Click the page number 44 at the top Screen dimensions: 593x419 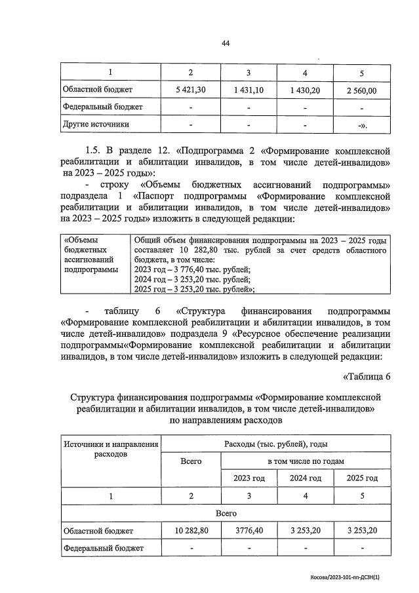tap(226, 43)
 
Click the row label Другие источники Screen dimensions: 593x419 tap(95, 123)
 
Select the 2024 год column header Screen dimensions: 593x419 tap(306, 478)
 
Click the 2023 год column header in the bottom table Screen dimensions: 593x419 tap(249, 478)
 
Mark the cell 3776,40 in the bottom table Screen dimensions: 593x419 tap(249, 531)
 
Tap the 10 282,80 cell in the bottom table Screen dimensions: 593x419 tap(191, 531)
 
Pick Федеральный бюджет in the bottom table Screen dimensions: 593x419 tap(102, 548)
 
